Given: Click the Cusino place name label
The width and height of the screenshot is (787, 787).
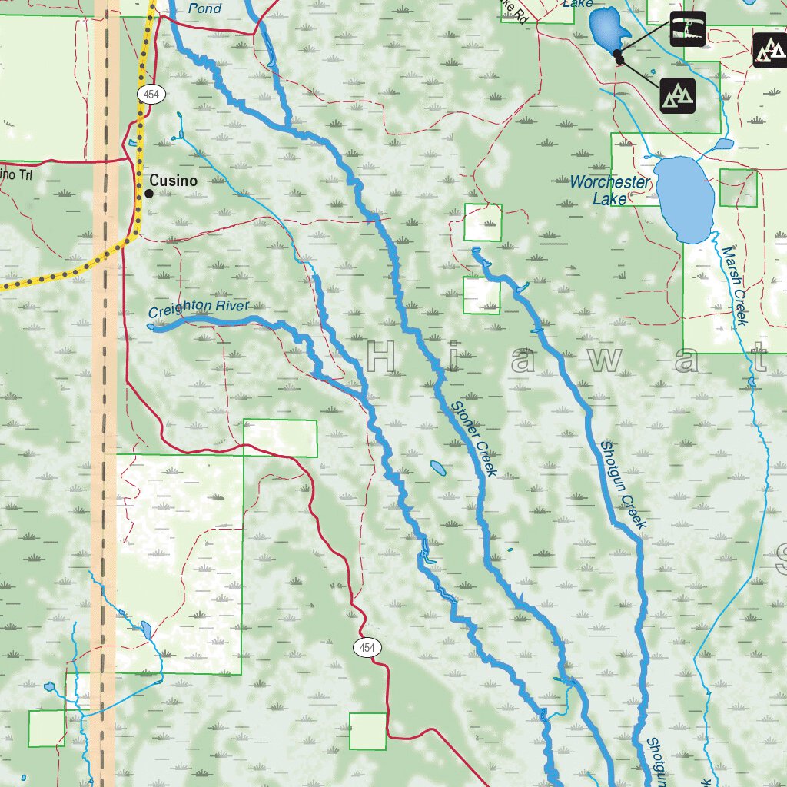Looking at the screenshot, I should click(173, 181).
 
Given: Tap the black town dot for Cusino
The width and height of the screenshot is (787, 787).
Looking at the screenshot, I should click(149, 194).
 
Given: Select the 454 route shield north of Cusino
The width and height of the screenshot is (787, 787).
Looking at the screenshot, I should click(150, 94).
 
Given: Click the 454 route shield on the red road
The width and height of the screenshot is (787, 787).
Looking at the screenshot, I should click(367, 648).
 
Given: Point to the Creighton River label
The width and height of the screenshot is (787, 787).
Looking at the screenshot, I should click(199, 309).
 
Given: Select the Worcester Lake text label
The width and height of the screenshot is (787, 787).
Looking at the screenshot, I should click(609, 190).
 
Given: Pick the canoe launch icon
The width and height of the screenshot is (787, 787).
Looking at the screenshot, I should click(687, 29).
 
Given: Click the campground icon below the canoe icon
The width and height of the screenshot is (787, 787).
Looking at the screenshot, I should click(677, 95).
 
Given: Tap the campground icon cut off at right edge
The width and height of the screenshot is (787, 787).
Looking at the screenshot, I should click(769, 51).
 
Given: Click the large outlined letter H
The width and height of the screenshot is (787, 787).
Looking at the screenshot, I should click(381, 358).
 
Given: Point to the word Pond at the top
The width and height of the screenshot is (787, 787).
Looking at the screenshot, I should click(204, 8).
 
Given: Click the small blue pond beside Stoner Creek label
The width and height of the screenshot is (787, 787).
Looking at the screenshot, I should click(437, 467).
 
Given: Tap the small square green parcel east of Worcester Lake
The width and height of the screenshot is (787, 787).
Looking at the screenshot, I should click(739, 188).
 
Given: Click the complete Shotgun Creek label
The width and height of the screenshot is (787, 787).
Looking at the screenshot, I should click(623, 484).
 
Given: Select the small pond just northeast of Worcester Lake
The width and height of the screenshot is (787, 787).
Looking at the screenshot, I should click(723, 144).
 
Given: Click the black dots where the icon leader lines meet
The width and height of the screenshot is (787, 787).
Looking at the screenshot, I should click(618, 55).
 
